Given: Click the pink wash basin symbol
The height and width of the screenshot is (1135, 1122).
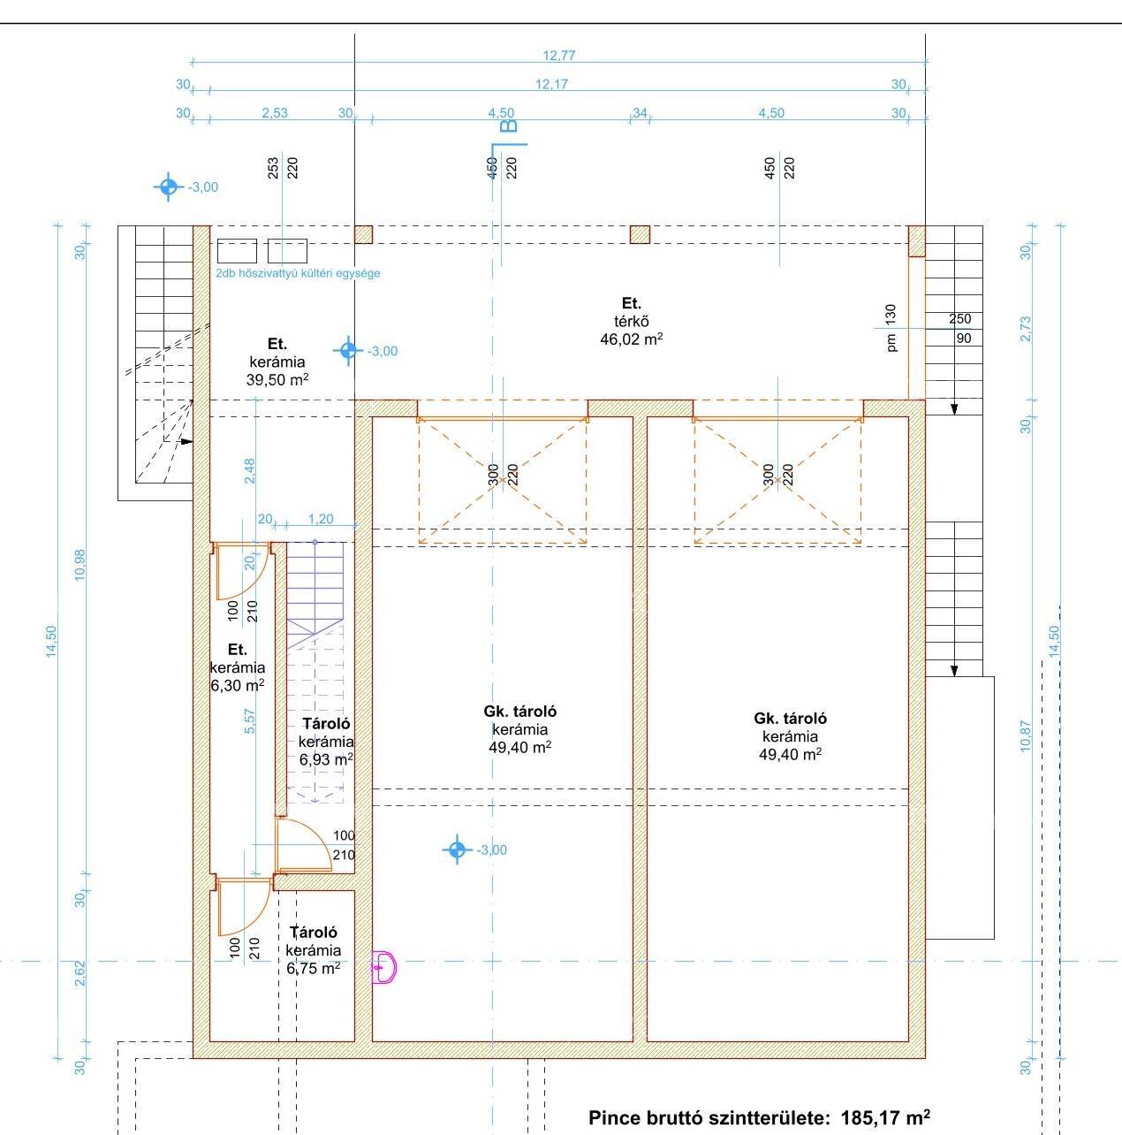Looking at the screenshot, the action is pyautogui.click(x=383, y=967).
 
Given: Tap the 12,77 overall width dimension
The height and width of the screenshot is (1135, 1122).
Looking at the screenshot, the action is pyautogui.click(x=558, y=56).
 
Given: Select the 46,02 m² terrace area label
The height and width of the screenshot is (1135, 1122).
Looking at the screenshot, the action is pyautogui.click(x=631, y=339).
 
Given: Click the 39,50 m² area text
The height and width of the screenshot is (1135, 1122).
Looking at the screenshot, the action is pyautogui.click(x=277, y=379).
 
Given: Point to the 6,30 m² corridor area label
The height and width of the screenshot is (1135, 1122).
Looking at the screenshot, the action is pyautogui.click(x=238, y=685).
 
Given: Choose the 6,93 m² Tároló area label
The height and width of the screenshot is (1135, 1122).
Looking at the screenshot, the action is pyautogui.click(x=326, y=759).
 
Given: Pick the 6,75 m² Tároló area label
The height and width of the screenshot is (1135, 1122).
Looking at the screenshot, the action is pyautogui.click(x=313, y=968).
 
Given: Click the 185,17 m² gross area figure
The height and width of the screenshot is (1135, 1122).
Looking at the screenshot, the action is pyautogui.click(x=885, y=1117).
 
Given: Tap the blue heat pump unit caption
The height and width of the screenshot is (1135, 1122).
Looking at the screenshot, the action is pyautogui.click(x=298, y=273).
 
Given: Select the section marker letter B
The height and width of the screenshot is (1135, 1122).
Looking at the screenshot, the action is pyautogui.click(x=509, y=126).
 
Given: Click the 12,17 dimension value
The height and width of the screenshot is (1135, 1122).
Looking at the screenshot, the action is pyautogui.click(x=551, y=84).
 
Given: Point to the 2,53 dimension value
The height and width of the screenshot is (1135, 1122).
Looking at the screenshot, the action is pyautogui.click(x=275, y=112).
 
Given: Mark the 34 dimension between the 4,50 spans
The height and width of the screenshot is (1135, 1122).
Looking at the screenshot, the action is pyautogui.click(x=640, y=112).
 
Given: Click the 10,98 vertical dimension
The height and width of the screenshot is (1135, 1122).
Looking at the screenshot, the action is pyautogui.click(x=80, y=565).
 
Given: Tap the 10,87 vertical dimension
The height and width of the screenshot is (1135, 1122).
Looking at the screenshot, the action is pyautogui.click(x=1026, y=735).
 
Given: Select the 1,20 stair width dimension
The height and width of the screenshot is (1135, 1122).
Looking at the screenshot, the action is pyautogui.click(x=320, y=519).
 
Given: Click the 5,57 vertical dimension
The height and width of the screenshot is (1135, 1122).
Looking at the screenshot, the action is pyautogui.click(x=250, y=721).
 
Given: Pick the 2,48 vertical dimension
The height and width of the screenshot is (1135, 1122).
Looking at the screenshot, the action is pyautogui.click(x=250, y=471).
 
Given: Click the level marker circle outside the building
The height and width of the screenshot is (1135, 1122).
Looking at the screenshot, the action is pyautogui.click(x=169, y=187).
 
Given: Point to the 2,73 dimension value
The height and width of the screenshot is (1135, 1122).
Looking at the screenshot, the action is pyautogui.click(x=1026, y=329).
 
